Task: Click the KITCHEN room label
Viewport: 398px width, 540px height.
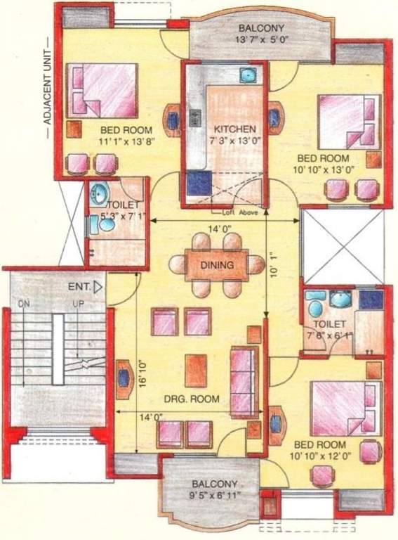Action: tap(234, 129)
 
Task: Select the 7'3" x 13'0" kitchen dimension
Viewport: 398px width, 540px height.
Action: tap(234, 141)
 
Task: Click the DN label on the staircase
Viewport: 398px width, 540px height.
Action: tap(25, 304)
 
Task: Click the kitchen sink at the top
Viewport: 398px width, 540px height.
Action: tap(246, 75)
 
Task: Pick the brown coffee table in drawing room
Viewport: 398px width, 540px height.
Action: tap(197, 367)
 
